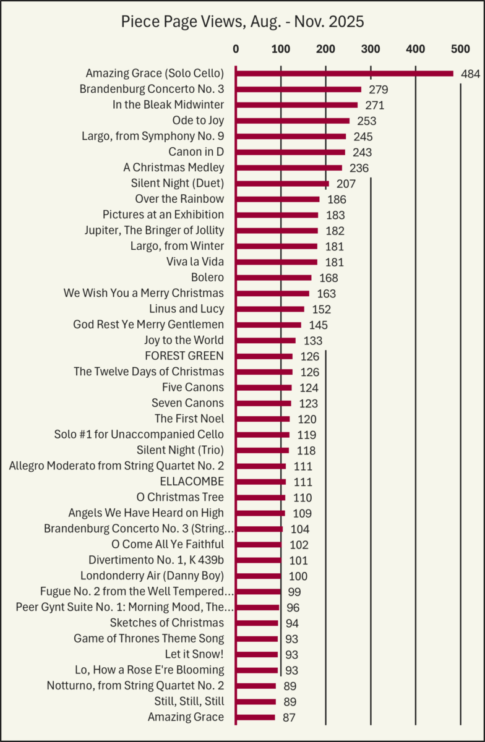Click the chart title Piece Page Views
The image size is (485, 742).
(x=242, y=22)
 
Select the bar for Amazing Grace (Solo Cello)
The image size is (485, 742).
(x=344, y=74)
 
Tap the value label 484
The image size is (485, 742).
(x=470, y=74)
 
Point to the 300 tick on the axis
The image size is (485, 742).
(x=371, y=48)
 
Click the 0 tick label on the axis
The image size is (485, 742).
(x=236, y=48)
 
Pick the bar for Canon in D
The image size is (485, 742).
(x=290, y=152)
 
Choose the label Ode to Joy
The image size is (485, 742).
(x=198, y=121)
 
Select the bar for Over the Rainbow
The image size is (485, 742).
(x=277, y=199)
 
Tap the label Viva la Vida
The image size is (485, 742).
(x=195, y=262)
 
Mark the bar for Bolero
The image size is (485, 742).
(x=273, y=278)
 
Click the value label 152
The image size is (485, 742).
(x=321, y=309)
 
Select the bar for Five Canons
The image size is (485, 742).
(x=264, y=388)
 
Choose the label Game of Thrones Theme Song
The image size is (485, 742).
(x=148, y=638)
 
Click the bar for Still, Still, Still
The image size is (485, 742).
(x=255, y=702)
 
